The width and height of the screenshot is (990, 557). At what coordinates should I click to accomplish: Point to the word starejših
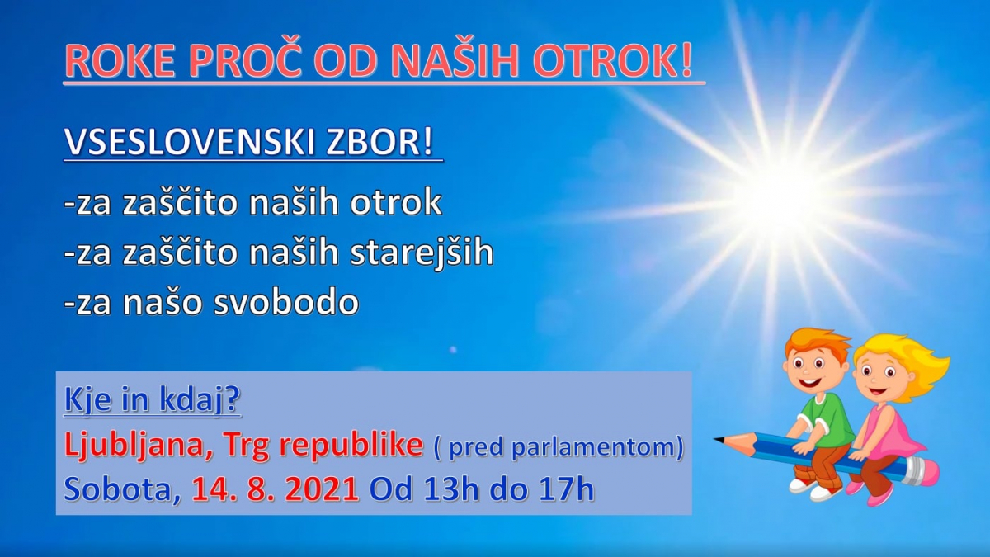point(422,252)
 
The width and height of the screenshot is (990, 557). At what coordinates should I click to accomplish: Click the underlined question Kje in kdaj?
point(153,399)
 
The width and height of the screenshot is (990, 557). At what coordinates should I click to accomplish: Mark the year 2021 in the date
point(321,489)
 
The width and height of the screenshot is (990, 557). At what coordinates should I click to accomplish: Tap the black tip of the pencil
point(719,439)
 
